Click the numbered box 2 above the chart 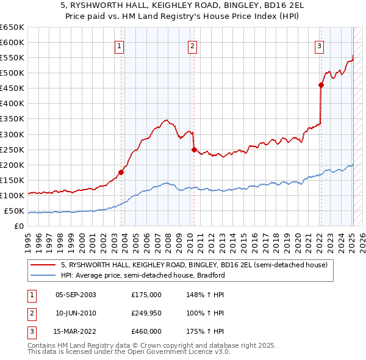pos(192,45)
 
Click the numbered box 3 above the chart pos(319,45)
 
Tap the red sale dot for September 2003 pos(121,172)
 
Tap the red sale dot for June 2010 pos(194,149)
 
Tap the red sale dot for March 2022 pos(321,85)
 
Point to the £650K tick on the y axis pos(12,27)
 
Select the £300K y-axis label pos(12,134)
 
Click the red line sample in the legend pos(43,265)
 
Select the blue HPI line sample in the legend pos(43,275)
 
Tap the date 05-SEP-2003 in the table pos(76,295)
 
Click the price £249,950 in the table pos(146,313)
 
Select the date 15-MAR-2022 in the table pos(76,331)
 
